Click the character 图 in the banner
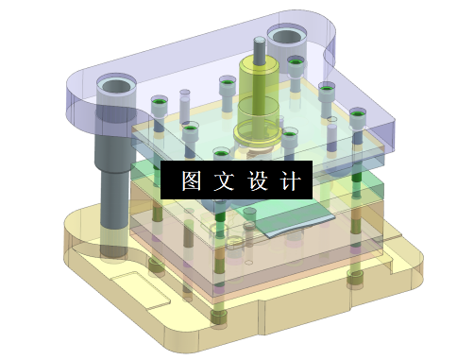point(190,180)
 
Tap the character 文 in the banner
point(223,180)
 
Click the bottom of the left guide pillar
point(113,250)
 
